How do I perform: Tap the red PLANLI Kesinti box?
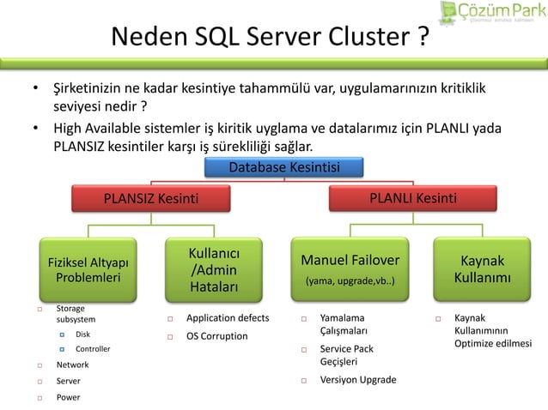point(412,199)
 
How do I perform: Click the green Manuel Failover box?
point(350,268)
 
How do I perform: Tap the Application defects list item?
point(228,318)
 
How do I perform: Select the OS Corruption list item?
point(216,335)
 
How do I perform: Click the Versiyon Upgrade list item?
point(357,380)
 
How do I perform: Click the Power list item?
point(68,397)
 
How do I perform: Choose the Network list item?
point(72,365)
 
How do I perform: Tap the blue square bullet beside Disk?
point(62,334)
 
